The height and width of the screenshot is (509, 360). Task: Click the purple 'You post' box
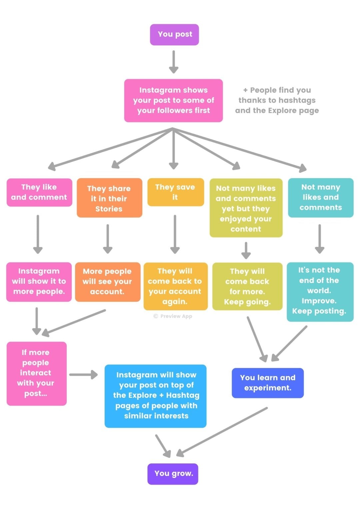pos(174,35)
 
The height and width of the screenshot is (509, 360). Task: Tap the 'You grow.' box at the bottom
pos(173,473)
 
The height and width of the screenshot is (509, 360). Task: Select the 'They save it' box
pos(175,192)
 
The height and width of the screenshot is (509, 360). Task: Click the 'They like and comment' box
pos(39,192)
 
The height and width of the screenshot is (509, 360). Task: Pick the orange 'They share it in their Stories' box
pos(109,198)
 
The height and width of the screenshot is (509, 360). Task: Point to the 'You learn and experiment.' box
pos(268,383)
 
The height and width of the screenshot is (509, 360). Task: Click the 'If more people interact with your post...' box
pos(36,373)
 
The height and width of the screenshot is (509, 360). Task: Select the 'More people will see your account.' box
pos(107,282)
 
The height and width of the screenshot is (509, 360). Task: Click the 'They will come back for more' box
pos(247,286)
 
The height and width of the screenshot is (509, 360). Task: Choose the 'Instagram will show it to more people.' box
pos(39,282)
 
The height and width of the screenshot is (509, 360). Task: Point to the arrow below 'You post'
pos(173,62)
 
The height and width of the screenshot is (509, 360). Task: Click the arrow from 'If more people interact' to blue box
pos(83,375)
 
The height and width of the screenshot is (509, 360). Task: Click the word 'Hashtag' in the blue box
pos(183,395)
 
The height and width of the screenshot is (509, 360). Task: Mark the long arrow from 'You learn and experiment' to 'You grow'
pos(223,431)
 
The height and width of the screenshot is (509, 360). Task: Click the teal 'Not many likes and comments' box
pos(321,198)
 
